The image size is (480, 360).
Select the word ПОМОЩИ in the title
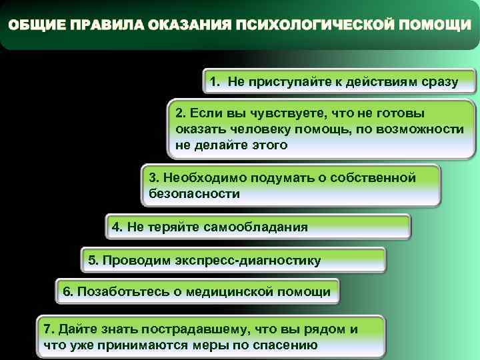[x=432, y=25]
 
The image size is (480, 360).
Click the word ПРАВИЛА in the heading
[x=105, y=25]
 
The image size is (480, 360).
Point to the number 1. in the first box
[x=215, y=82]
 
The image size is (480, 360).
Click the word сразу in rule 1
[x=440, y=82]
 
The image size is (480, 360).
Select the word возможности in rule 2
[x=427, y=129]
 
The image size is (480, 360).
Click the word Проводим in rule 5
[x=129, y=260]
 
